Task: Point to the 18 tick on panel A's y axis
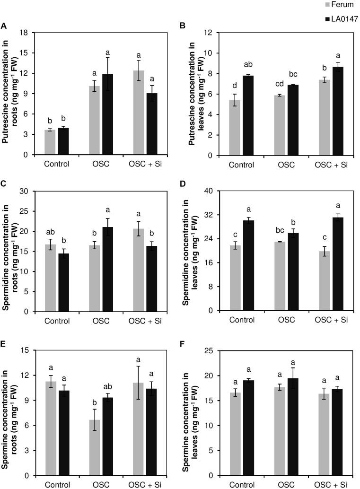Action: (27, 33)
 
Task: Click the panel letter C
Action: (4, 181)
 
